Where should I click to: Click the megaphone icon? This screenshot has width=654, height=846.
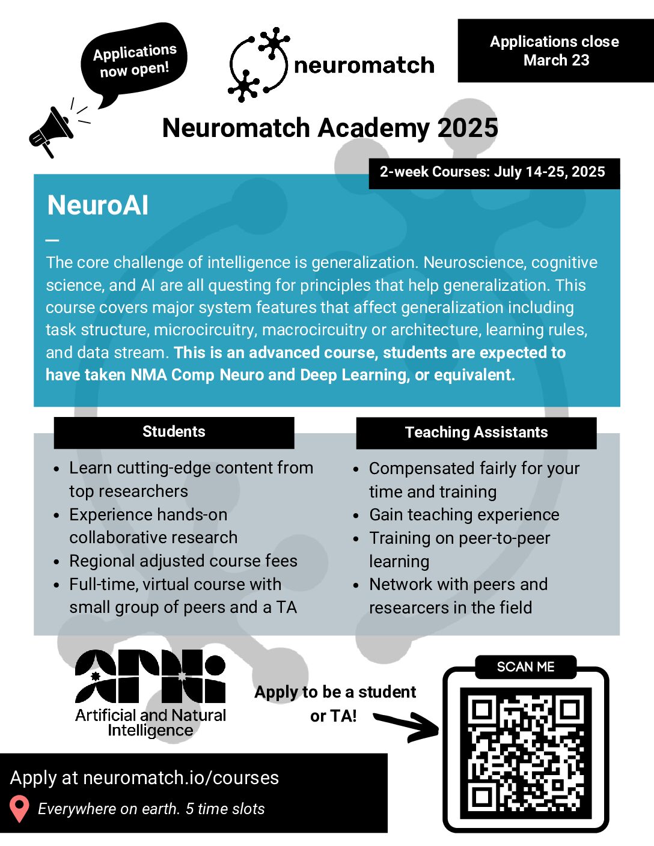tap(51, 132)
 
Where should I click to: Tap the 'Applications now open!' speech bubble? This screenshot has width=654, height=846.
tap(135, 60)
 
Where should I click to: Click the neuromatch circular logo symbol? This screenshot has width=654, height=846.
tap(258, 64)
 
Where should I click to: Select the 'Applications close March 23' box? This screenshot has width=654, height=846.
tap(555, 50)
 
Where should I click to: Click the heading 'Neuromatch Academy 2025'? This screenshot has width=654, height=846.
tap(330, 128)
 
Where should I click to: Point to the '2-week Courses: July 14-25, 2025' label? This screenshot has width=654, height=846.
tap(493, 172)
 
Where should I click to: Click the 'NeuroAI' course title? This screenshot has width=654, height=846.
tap(98, 205)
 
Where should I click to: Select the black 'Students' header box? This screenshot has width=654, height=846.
tap(174, 432)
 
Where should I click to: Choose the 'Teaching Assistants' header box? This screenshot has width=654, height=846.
tap(476, 433)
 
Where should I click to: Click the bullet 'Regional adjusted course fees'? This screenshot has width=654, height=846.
tap(183, 561)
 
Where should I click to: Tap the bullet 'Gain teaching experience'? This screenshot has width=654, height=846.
tap(464, 515)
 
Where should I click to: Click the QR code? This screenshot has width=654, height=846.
tap(525, 753)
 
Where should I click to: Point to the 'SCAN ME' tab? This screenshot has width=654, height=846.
tap(525, 667)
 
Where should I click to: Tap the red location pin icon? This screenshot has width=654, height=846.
tap(20, 809)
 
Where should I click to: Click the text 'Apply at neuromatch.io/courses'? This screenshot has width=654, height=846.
tap(145, 778)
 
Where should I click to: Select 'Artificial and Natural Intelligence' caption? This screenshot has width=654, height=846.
tap(150, 722)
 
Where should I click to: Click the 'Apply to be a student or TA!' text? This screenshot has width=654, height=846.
tap(335, 704)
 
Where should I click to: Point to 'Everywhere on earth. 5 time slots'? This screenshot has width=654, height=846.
tap(151, 809)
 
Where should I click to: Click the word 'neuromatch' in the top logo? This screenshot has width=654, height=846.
tap(364, 65)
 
